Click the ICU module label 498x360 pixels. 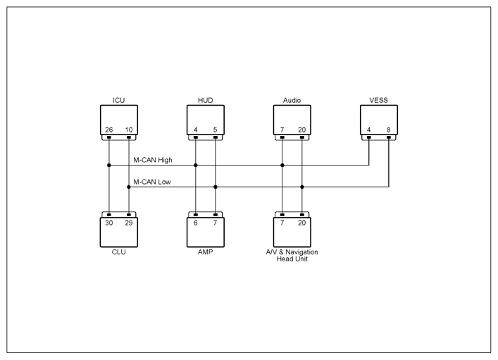119,101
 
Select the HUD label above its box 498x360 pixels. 205,101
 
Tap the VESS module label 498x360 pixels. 378,101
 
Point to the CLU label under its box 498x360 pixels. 119,252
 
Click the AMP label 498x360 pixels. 205,252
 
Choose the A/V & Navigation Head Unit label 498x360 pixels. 292,256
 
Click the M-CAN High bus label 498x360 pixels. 153,160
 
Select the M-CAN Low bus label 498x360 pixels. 152,182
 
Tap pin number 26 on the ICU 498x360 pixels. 109,130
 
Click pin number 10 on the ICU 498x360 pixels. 129,130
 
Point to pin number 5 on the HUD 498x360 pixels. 215,130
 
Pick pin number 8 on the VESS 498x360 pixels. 388,130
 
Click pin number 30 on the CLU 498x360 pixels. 109,223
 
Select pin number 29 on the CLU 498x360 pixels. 129,223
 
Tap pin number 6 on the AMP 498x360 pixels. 196,223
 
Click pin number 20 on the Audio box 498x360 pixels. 301,130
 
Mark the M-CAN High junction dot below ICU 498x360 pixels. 109,166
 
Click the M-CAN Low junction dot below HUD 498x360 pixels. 216,187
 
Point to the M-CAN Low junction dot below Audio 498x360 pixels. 302,187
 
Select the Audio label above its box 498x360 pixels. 292,101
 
